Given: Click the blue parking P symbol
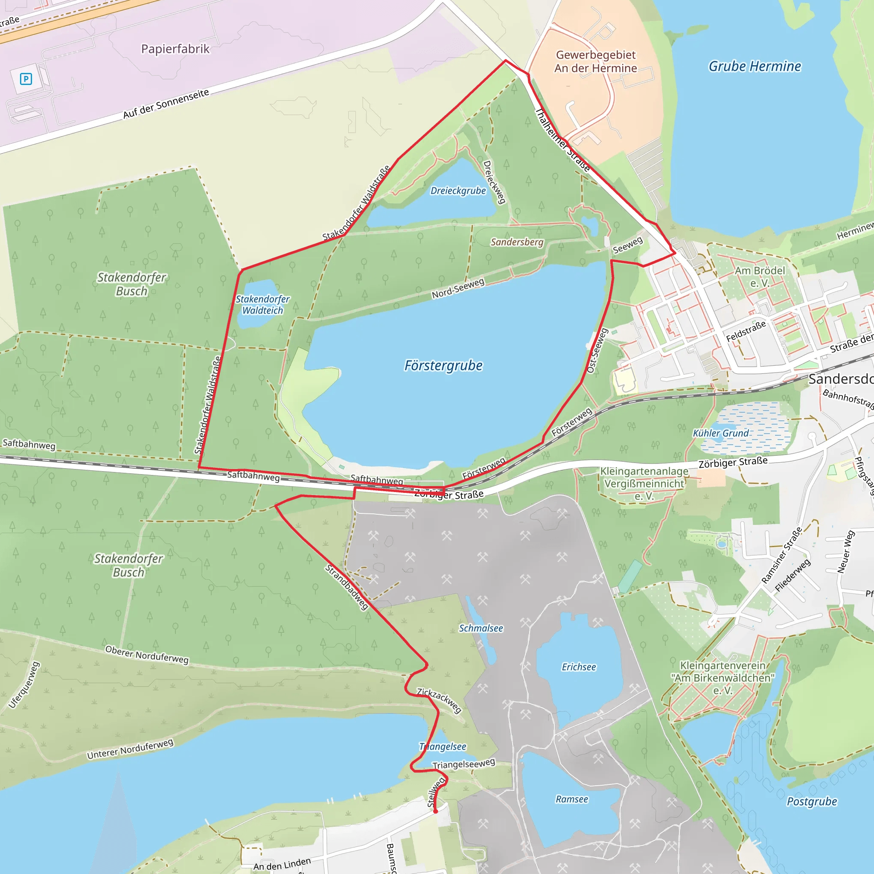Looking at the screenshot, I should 26,79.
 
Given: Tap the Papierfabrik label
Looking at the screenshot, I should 175,49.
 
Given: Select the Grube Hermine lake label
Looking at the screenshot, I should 755,67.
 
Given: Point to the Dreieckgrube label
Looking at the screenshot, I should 458,191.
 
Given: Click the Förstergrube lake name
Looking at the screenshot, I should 443,366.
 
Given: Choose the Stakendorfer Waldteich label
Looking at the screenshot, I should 262,305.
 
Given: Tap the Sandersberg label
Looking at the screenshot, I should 517,242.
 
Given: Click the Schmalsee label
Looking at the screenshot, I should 481,628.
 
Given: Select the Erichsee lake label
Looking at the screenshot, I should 579,667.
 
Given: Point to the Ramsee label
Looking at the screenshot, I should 572,799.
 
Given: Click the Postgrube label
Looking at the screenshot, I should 812,801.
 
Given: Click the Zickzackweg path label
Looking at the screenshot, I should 439,700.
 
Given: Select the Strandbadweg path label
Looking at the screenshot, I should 347,587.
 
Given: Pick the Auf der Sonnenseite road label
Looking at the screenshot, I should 166,104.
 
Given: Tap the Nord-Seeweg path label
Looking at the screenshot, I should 458,288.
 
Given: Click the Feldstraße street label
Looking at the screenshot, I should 746,331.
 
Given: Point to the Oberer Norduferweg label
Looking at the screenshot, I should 146,655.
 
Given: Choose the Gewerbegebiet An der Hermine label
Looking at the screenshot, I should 595,61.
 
